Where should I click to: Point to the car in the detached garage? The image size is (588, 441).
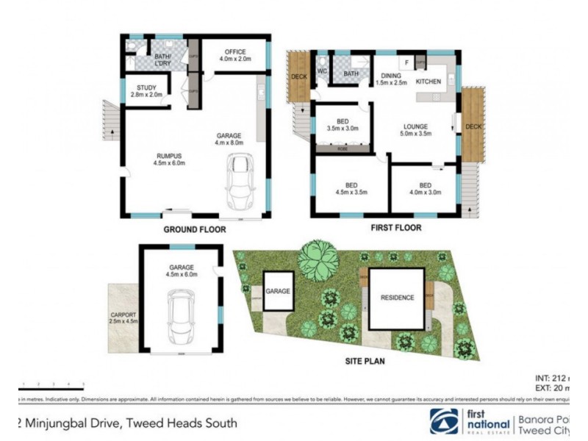click(181, 314)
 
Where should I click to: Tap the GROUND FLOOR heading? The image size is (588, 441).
click(194, 229)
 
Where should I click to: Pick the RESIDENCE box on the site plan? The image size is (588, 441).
click(397, 298)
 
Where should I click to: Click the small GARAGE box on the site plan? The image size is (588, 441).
click(279, 291)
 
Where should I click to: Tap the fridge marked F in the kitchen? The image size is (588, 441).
click(405, 62)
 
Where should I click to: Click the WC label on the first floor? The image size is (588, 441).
click(321, 71)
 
